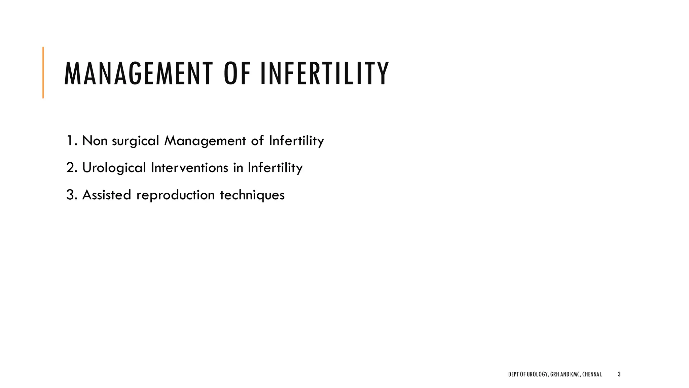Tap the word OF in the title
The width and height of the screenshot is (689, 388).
point(237,73)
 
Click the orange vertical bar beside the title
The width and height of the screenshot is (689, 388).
point(43,72)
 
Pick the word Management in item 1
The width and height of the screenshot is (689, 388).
point(205,141)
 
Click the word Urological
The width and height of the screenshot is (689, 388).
point(114,168)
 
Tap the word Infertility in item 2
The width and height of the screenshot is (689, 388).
point(275,168)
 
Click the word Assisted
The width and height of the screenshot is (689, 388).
point(106,195)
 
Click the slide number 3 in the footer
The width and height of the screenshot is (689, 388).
point(619,374)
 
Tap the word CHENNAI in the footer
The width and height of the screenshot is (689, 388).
point(592,374)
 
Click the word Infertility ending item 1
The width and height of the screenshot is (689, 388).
point(296,141)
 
